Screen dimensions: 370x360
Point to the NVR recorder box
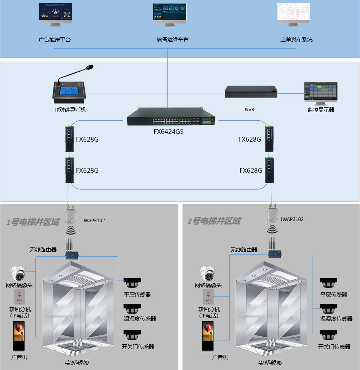point(251,91)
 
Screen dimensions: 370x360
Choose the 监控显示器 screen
point(321,93)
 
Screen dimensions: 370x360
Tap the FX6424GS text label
point(168,132)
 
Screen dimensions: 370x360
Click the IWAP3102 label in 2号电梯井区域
point(292,219)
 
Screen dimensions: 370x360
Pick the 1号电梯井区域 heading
point(33,222)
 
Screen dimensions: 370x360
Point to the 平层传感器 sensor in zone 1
point(133,281)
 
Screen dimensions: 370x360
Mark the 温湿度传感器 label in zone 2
point(336,319)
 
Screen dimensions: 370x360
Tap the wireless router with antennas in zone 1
point(72,251)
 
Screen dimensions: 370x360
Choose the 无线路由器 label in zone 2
point(244,250)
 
